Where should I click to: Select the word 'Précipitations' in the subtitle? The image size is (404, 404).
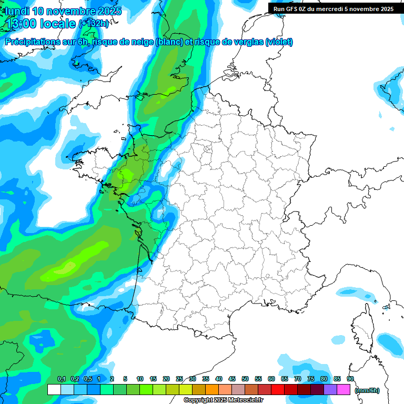[x=31, y=42]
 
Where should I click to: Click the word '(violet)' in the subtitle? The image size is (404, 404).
[x=279, y=42]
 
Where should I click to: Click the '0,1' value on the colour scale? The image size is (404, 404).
[x=61, y=379]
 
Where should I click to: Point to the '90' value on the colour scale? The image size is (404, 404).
[x=350, y=379]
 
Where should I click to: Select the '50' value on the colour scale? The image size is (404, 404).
[x=245, y=379]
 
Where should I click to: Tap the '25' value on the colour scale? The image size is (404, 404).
[x=179, y=379]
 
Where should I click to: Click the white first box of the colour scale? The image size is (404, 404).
[x=54, y=390]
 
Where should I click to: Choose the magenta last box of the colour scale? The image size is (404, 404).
[x=344, y=390]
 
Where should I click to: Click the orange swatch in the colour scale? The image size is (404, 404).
[x=212, y=390]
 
